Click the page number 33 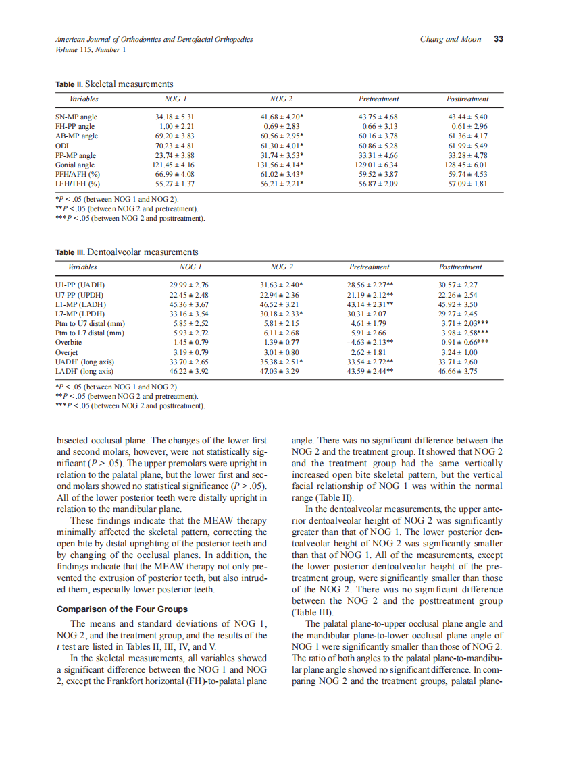point(499,39)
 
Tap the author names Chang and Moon point(450,39)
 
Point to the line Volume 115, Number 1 point(90,49)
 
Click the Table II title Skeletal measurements point(129,84)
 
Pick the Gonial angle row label point(76,165)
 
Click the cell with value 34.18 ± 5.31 point(175,117)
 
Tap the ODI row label point(62,146)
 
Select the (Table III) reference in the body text point(309,613)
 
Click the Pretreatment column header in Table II point(378,99)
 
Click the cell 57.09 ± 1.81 point(467,184)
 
